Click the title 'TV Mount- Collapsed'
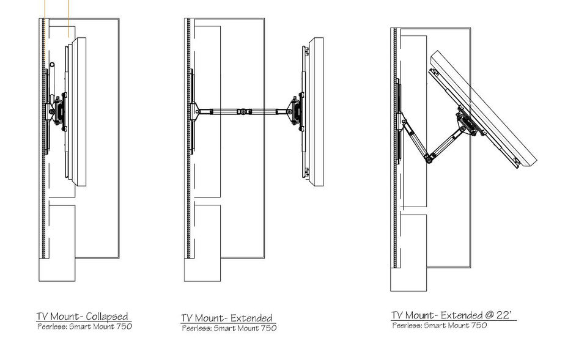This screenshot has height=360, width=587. coord(83,317)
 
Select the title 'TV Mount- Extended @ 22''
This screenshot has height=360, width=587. coord(453,315)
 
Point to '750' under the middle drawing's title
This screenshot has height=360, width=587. coord(268,328)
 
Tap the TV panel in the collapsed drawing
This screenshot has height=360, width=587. coord(78,110)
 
